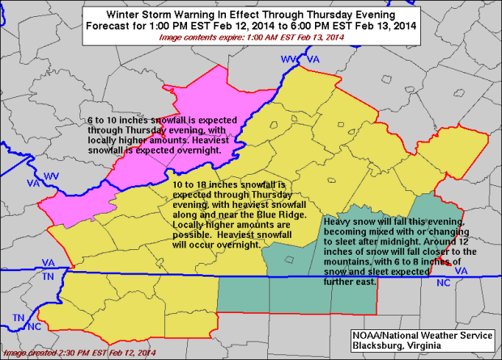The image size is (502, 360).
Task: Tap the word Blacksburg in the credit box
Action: [x=381, y=346]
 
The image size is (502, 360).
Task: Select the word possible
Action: [x=191, y=234]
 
